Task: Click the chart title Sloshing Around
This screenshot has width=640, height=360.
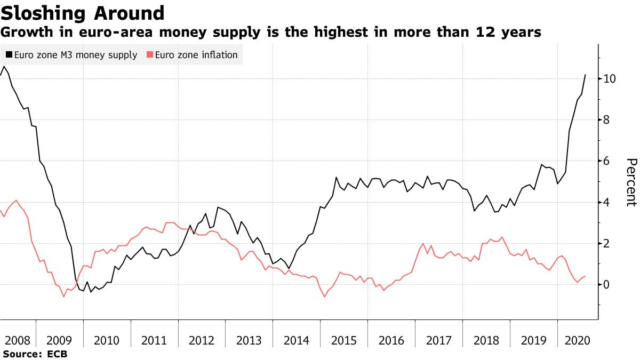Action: click(82, 13)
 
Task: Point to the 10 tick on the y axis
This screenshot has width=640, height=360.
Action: click(610, 78)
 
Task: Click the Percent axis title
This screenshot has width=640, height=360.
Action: click(631, 182)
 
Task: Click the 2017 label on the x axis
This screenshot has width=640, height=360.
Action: click(438, 340)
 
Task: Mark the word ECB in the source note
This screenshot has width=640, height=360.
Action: click(57, 354)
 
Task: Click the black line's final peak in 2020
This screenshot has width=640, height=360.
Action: click(586, 75)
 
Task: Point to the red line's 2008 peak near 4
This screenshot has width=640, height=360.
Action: click(17, 200)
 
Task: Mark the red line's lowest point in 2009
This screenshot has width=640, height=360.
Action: click(64, 296)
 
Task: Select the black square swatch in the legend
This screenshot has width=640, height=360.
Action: click(9, 55)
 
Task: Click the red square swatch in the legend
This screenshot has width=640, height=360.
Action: click(150, 55)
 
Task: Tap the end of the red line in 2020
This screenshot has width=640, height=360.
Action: click(586, 276)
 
